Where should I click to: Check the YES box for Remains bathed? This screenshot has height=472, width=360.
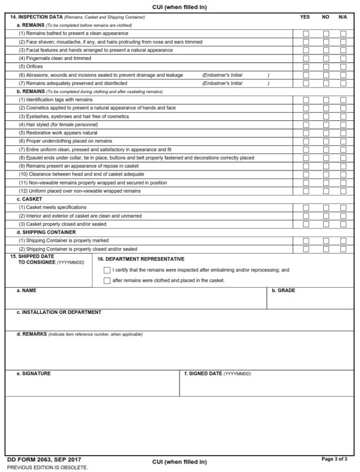306,34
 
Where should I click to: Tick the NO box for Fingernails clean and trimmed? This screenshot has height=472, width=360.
326,59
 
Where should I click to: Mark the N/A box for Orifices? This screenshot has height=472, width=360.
343,67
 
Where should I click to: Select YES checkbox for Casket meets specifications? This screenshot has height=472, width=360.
306,208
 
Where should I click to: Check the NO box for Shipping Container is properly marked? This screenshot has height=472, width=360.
326,241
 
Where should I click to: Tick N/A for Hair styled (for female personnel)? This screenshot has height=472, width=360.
343,125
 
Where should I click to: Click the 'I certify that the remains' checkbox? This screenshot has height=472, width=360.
107,271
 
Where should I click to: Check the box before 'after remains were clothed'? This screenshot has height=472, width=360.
107,281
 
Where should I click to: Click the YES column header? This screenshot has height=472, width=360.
305,17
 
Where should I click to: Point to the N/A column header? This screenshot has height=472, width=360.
342,17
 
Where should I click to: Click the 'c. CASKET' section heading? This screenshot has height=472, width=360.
29,199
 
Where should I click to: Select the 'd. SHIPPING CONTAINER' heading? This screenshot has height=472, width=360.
46,232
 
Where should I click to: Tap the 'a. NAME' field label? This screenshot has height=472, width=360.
26,291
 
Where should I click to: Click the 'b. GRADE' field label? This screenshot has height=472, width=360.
283,291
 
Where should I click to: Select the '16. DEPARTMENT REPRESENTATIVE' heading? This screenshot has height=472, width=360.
141,259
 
